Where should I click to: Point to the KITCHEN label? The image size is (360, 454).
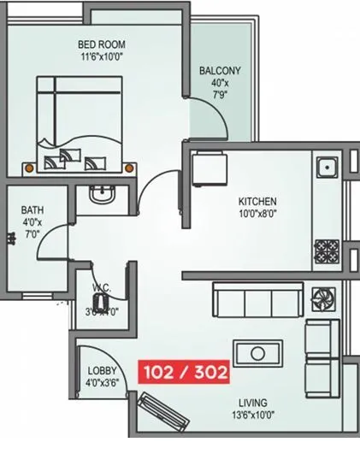point(257,203)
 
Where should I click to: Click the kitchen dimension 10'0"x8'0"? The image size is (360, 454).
point(257,215)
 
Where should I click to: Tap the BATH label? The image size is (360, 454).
point(33,209)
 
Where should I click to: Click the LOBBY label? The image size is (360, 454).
point(103,372)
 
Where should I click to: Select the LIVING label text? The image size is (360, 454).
point(253,402)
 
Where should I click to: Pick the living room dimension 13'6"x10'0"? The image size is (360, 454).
point(253,415)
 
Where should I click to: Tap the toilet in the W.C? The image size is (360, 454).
point(103,302)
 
